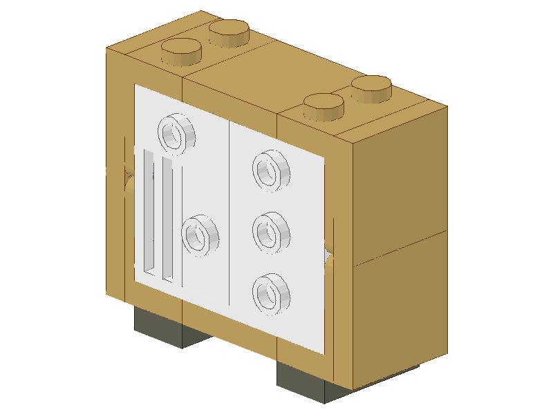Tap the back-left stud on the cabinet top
(x=229, y=31)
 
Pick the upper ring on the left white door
(x=177, y=131)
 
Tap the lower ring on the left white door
(x=200, y=235)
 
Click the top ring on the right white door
(x=270, y=169)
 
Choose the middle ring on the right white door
(x=270, y=232)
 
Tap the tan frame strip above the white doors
(x=228, y=103)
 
